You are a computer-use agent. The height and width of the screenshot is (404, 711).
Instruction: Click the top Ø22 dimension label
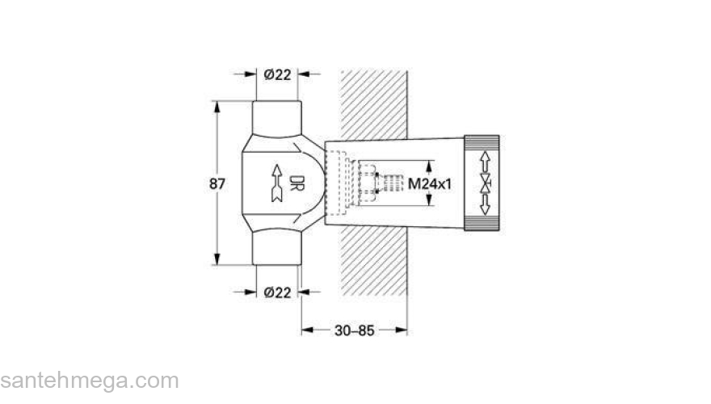[277, 74]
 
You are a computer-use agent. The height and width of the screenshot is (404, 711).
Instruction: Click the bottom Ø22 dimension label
[277, 292]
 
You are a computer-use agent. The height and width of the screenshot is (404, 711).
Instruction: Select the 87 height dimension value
[217, 183]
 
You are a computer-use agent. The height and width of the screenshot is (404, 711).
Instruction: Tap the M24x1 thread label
[428, 183]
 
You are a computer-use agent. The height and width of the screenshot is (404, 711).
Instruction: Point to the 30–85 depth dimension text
[354, 330]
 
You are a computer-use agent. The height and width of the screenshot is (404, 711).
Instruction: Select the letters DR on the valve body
[297, 183]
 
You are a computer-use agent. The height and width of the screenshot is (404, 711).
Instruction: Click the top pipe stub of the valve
[276, 117]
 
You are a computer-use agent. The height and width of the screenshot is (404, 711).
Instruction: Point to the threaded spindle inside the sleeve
[391, 183]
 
